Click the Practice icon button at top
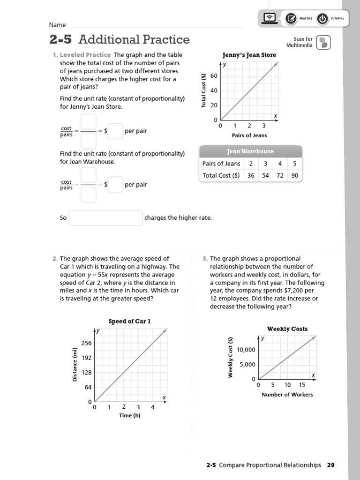(291, 19)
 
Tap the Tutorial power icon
(322, 19)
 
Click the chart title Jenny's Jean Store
(249, 55)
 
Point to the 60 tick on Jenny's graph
(214, 76)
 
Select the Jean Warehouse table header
(250, 151)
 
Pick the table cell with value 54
(265, 175)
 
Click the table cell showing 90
(294, 175)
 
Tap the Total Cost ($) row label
(221, 175)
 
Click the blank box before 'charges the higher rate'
(105, 218)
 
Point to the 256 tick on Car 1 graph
(86, 343)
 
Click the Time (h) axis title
(130, 415)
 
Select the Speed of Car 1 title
(130, 321)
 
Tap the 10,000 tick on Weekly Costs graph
(246, 350)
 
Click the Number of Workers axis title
(287, 395)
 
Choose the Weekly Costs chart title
(287, 329)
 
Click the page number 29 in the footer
(331, 465)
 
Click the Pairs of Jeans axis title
(249, 135)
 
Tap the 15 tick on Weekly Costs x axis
(302, 385)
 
